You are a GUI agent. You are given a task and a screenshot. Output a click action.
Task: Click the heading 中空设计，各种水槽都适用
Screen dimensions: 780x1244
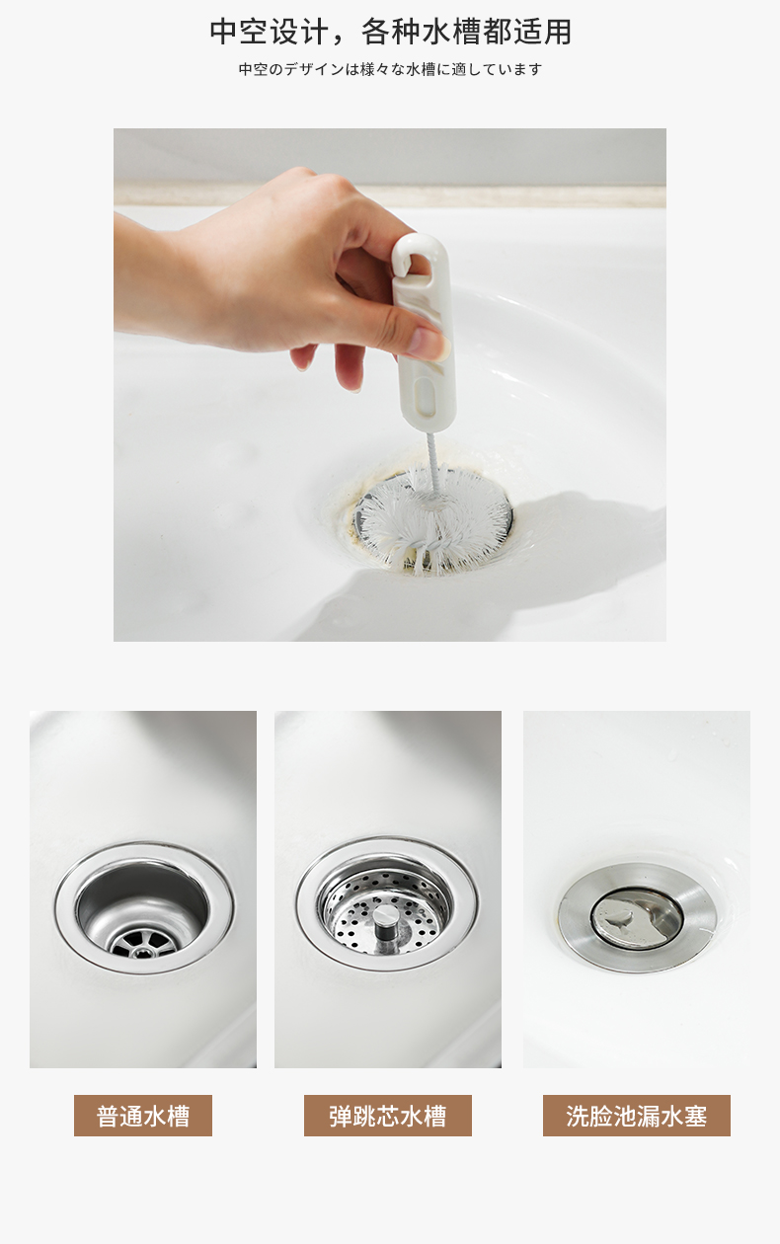(x=391, y=32)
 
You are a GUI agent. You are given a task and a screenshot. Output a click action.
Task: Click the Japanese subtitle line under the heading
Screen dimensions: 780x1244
(x=390, y=69)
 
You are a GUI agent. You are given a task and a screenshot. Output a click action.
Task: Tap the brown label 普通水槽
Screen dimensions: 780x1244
(x=143, y=1116)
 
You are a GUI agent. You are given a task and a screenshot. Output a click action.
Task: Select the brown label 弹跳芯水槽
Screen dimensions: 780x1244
(x=388, y=1116)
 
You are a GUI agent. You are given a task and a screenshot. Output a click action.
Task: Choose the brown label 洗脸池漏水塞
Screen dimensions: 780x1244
(x=637, y=1116)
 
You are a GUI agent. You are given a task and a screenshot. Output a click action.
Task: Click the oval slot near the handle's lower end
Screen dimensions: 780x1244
(x=428, y=396)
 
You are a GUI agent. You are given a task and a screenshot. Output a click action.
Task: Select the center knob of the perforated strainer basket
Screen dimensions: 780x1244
(x=384, y=920)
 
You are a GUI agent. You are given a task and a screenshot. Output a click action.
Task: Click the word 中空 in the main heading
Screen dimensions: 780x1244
(x=238, y=32)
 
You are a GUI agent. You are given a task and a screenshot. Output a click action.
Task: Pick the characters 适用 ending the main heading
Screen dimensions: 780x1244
(x=543, y=32)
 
